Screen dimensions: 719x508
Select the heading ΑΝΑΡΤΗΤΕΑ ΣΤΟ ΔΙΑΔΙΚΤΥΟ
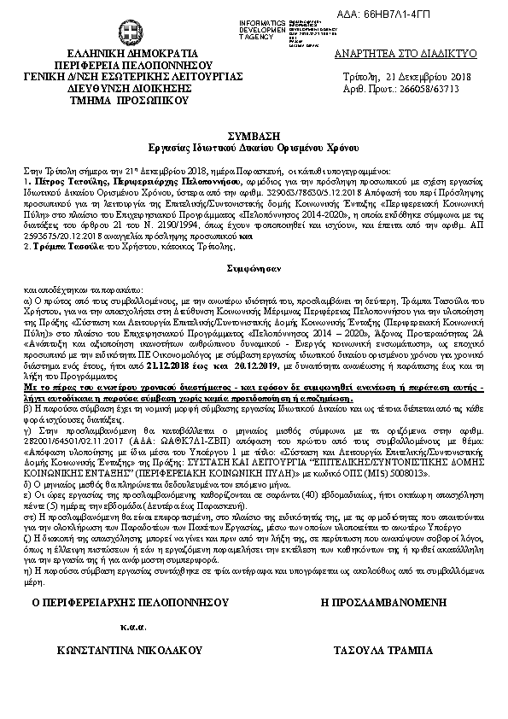pos(406,53)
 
